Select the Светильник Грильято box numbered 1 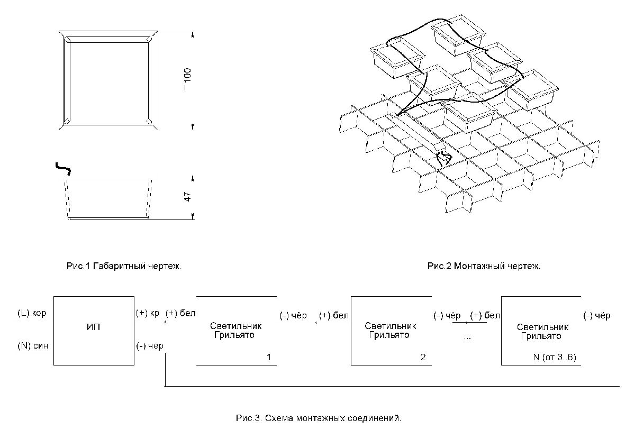tap(237, 330)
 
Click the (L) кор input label tap(32, 313)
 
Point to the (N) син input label tap(32, 346)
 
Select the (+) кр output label tap(148, 313)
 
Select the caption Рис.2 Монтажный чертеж tap(484, 267)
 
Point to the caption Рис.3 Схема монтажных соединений tap(319, 418)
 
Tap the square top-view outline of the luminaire tap(108, 79)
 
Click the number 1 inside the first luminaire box tap(269, 358)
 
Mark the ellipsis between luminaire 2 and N tap(467, 337)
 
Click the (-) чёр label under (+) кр tap(150, 346)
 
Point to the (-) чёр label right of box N tap(597, 316)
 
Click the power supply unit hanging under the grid tap(443, 157)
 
